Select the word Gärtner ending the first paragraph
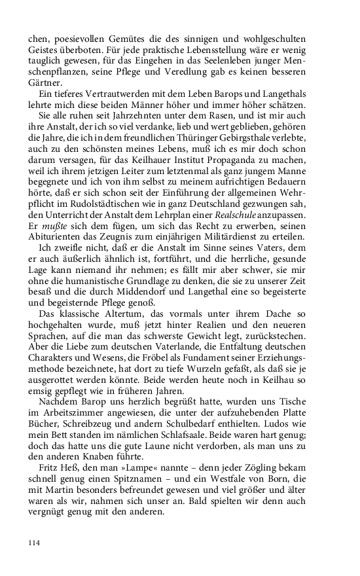[46, 82]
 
